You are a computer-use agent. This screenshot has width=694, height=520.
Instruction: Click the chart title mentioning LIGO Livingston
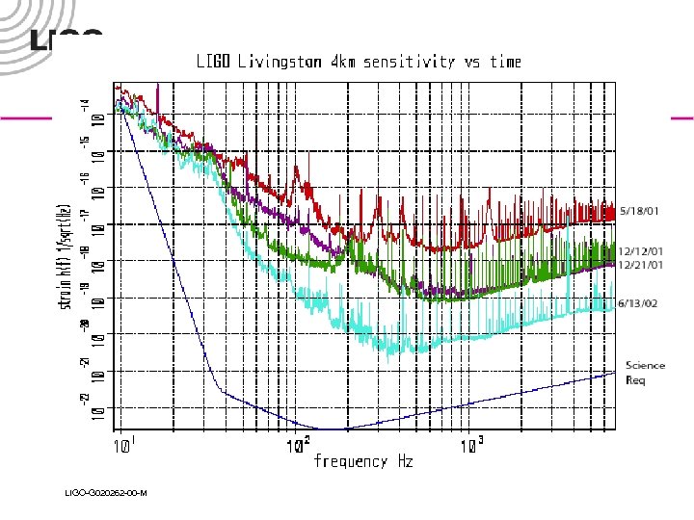coord(359,63)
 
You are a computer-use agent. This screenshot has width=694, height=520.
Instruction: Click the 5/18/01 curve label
coord(640,209)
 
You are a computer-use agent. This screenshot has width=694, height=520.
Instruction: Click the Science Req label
coord(645,372)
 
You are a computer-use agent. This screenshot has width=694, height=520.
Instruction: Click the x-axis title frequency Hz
coord(363,462)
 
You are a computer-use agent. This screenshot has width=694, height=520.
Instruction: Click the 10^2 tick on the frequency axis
coord(298,446)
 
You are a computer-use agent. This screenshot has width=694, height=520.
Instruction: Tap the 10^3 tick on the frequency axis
coord(471,446)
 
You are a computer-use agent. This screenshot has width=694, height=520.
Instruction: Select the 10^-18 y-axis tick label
coord(92,259)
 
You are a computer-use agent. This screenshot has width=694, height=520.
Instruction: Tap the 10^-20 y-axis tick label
coord(92,332)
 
